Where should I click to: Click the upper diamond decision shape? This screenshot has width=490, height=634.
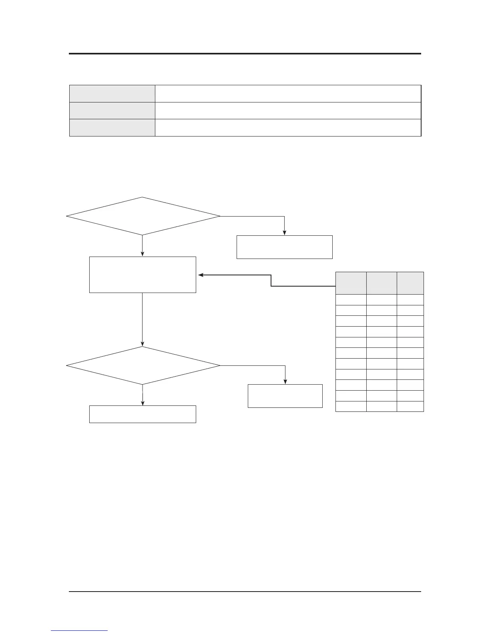pos(143,216)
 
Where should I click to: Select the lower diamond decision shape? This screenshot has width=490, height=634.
pos(143,365)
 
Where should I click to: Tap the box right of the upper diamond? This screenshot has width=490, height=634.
pos(284,247)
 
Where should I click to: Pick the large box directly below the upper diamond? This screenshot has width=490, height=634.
pos(143,275)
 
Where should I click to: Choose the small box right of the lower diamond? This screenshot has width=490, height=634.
pos(285,396)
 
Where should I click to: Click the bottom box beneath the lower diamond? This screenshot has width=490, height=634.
pos(143,414)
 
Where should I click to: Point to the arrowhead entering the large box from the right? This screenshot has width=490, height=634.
pos(201,275)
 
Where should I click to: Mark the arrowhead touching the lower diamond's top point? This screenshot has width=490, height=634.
pos(143,344)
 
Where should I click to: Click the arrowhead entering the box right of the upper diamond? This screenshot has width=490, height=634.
pos(284,233)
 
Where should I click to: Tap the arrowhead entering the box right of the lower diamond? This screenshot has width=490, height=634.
pos(285,382)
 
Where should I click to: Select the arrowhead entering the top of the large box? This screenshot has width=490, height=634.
pos(143,254)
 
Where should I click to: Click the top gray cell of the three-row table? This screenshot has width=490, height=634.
pos(112,93)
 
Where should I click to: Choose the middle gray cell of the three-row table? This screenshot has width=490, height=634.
pos(112,110)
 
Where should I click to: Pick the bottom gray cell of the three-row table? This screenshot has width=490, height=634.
pos(112,128)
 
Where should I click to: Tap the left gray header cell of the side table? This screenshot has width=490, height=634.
pos(351,283)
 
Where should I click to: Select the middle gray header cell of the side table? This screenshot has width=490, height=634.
pos(382,283)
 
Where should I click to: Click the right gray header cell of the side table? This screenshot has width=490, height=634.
pos(410,283)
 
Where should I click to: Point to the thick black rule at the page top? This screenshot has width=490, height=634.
pos(245,54)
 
